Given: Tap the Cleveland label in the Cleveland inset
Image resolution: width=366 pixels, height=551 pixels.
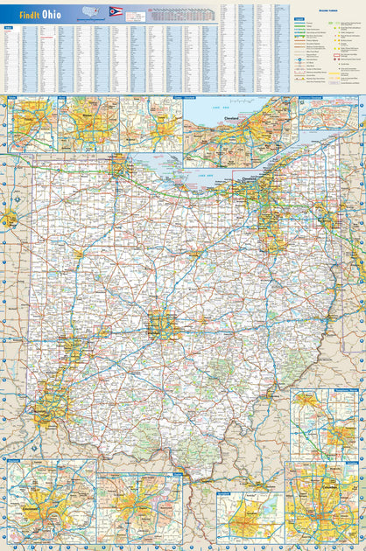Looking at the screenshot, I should [231, 117].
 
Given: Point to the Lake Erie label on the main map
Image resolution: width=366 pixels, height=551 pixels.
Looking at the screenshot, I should [204, 176].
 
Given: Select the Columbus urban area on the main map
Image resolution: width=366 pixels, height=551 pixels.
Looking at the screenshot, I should [162, 324].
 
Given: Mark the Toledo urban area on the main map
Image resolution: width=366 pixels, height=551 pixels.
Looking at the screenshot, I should [117, 165].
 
